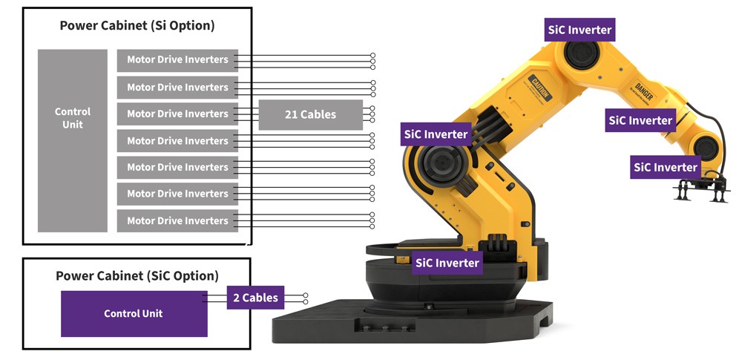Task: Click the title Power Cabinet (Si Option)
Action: pos(137,25)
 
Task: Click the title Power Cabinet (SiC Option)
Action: pos(137,275)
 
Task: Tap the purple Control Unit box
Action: pos(134,313)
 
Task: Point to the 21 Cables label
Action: pos(310,114)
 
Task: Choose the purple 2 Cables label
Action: pos(255,298)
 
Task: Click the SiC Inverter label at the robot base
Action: pos(447,262)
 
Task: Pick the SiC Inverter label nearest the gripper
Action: pos(665,167)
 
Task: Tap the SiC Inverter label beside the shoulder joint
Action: pos(436,134)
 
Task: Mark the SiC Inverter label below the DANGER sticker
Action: pos(640,120)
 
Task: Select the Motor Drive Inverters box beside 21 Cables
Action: pos(177,114)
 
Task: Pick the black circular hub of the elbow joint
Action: pos(584,57)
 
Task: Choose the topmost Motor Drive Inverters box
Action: pos(177,59)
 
